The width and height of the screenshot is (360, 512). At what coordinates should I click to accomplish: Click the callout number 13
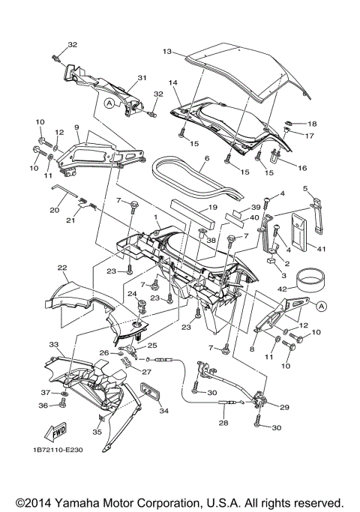[x=167, y=51]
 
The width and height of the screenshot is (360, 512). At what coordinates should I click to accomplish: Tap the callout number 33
[x=53, y=344]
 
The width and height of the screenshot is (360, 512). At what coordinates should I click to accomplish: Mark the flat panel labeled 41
[x=298, y=232]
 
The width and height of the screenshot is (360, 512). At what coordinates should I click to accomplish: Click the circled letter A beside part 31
[x=109, y=104]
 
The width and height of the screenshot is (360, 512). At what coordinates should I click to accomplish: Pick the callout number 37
[x=44, y=392]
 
